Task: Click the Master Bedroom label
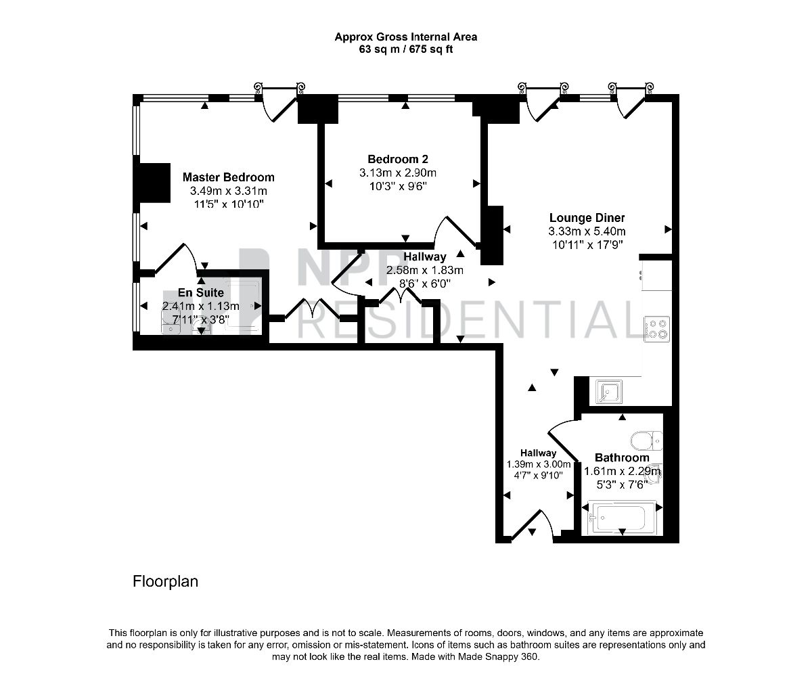(x=228, y=177)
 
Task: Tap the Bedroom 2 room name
(x=398, y=159)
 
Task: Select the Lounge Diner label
(x=587, y=218)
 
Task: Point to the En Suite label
(x=201, y=292)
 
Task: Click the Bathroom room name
(x=622, y=457)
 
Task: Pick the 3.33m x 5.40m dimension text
(x=587, y=231)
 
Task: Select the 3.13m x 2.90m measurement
(x=398, y=173)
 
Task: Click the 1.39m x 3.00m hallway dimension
(x=539, y=464)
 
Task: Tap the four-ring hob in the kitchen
(x=657, y=329)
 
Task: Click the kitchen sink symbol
(x=609, y=392)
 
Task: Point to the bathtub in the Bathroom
(x=621, y=518)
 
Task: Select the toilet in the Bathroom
(x=646, y=440)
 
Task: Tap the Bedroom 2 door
(x=455, y=232)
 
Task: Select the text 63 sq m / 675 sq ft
(x=406, y=50)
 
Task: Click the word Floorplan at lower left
(x=166, y=581)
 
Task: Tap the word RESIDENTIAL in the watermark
(x=469, y=320)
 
